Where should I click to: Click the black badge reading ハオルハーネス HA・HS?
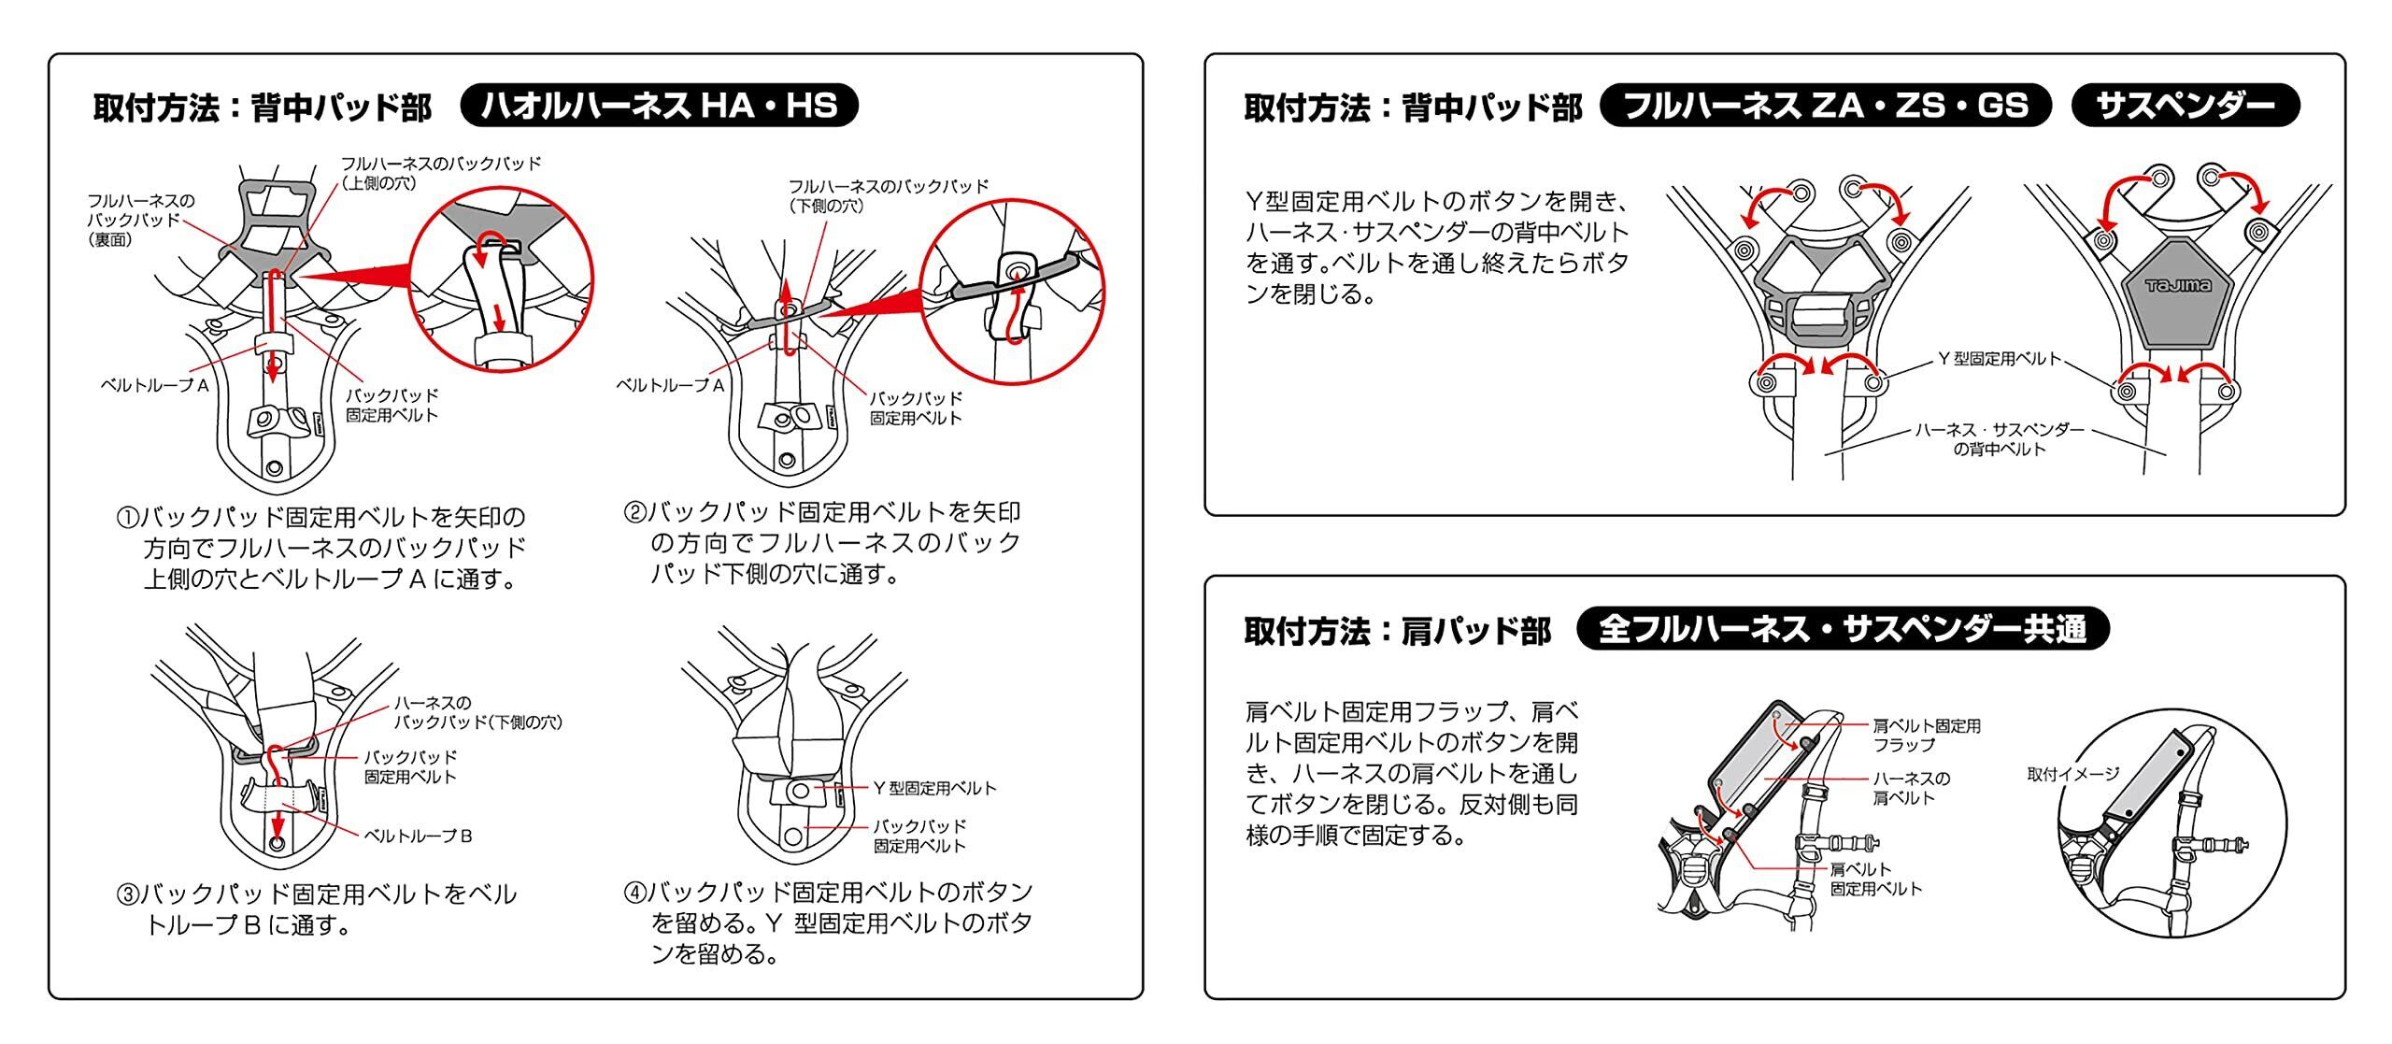(x=659, y=106)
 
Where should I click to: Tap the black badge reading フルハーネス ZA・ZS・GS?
(x=1825, y=106)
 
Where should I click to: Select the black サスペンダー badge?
(x=2185, y=106)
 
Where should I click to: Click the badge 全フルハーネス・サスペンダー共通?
(x=1842, y=629)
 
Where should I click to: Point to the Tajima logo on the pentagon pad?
(x=2177, y=286)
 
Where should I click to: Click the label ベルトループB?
(x=418, y=836)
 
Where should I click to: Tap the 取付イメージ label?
(x=2072, y=774)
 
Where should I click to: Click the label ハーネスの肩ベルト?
(x=1912, y=788)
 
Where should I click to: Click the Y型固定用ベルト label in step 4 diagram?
(x=934, y=789)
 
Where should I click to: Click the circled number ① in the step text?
(x=127, y=518)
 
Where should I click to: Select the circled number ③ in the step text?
(x=127, y=895)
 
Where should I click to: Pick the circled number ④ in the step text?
(x=634, y=893)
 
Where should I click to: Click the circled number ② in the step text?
(x=634, y=513)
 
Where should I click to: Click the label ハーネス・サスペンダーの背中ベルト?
(x=1999, y=439)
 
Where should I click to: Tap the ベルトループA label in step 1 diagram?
(x=154, y=384)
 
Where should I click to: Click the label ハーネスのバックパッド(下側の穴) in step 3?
(x=477, y=712)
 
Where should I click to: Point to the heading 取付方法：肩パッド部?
(x=1397, y=632)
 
